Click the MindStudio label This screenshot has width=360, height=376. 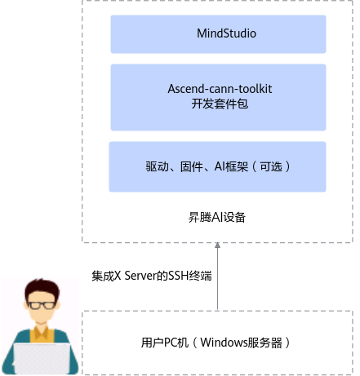226,33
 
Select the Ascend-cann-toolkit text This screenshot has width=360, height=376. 220,89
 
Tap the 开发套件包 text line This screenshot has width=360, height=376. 220,104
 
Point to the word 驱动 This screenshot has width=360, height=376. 157,166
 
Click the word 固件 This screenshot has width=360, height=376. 192,166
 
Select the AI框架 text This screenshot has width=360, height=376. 231,166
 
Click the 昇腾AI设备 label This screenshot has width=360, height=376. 217,218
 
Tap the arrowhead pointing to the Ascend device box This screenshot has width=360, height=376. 217,246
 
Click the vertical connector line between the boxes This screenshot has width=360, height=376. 217,276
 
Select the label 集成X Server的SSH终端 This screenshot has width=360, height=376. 152,276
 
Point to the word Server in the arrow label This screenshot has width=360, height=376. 140,276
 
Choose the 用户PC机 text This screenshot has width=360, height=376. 165,343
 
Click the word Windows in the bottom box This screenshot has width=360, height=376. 224,343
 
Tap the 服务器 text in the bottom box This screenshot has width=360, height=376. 264,343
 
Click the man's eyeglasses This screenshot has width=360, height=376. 42,305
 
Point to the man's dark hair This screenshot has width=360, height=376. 42,289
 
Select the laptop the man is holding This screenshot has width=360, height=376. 42,358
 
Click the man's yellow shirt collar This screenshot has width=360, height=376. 42,332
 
